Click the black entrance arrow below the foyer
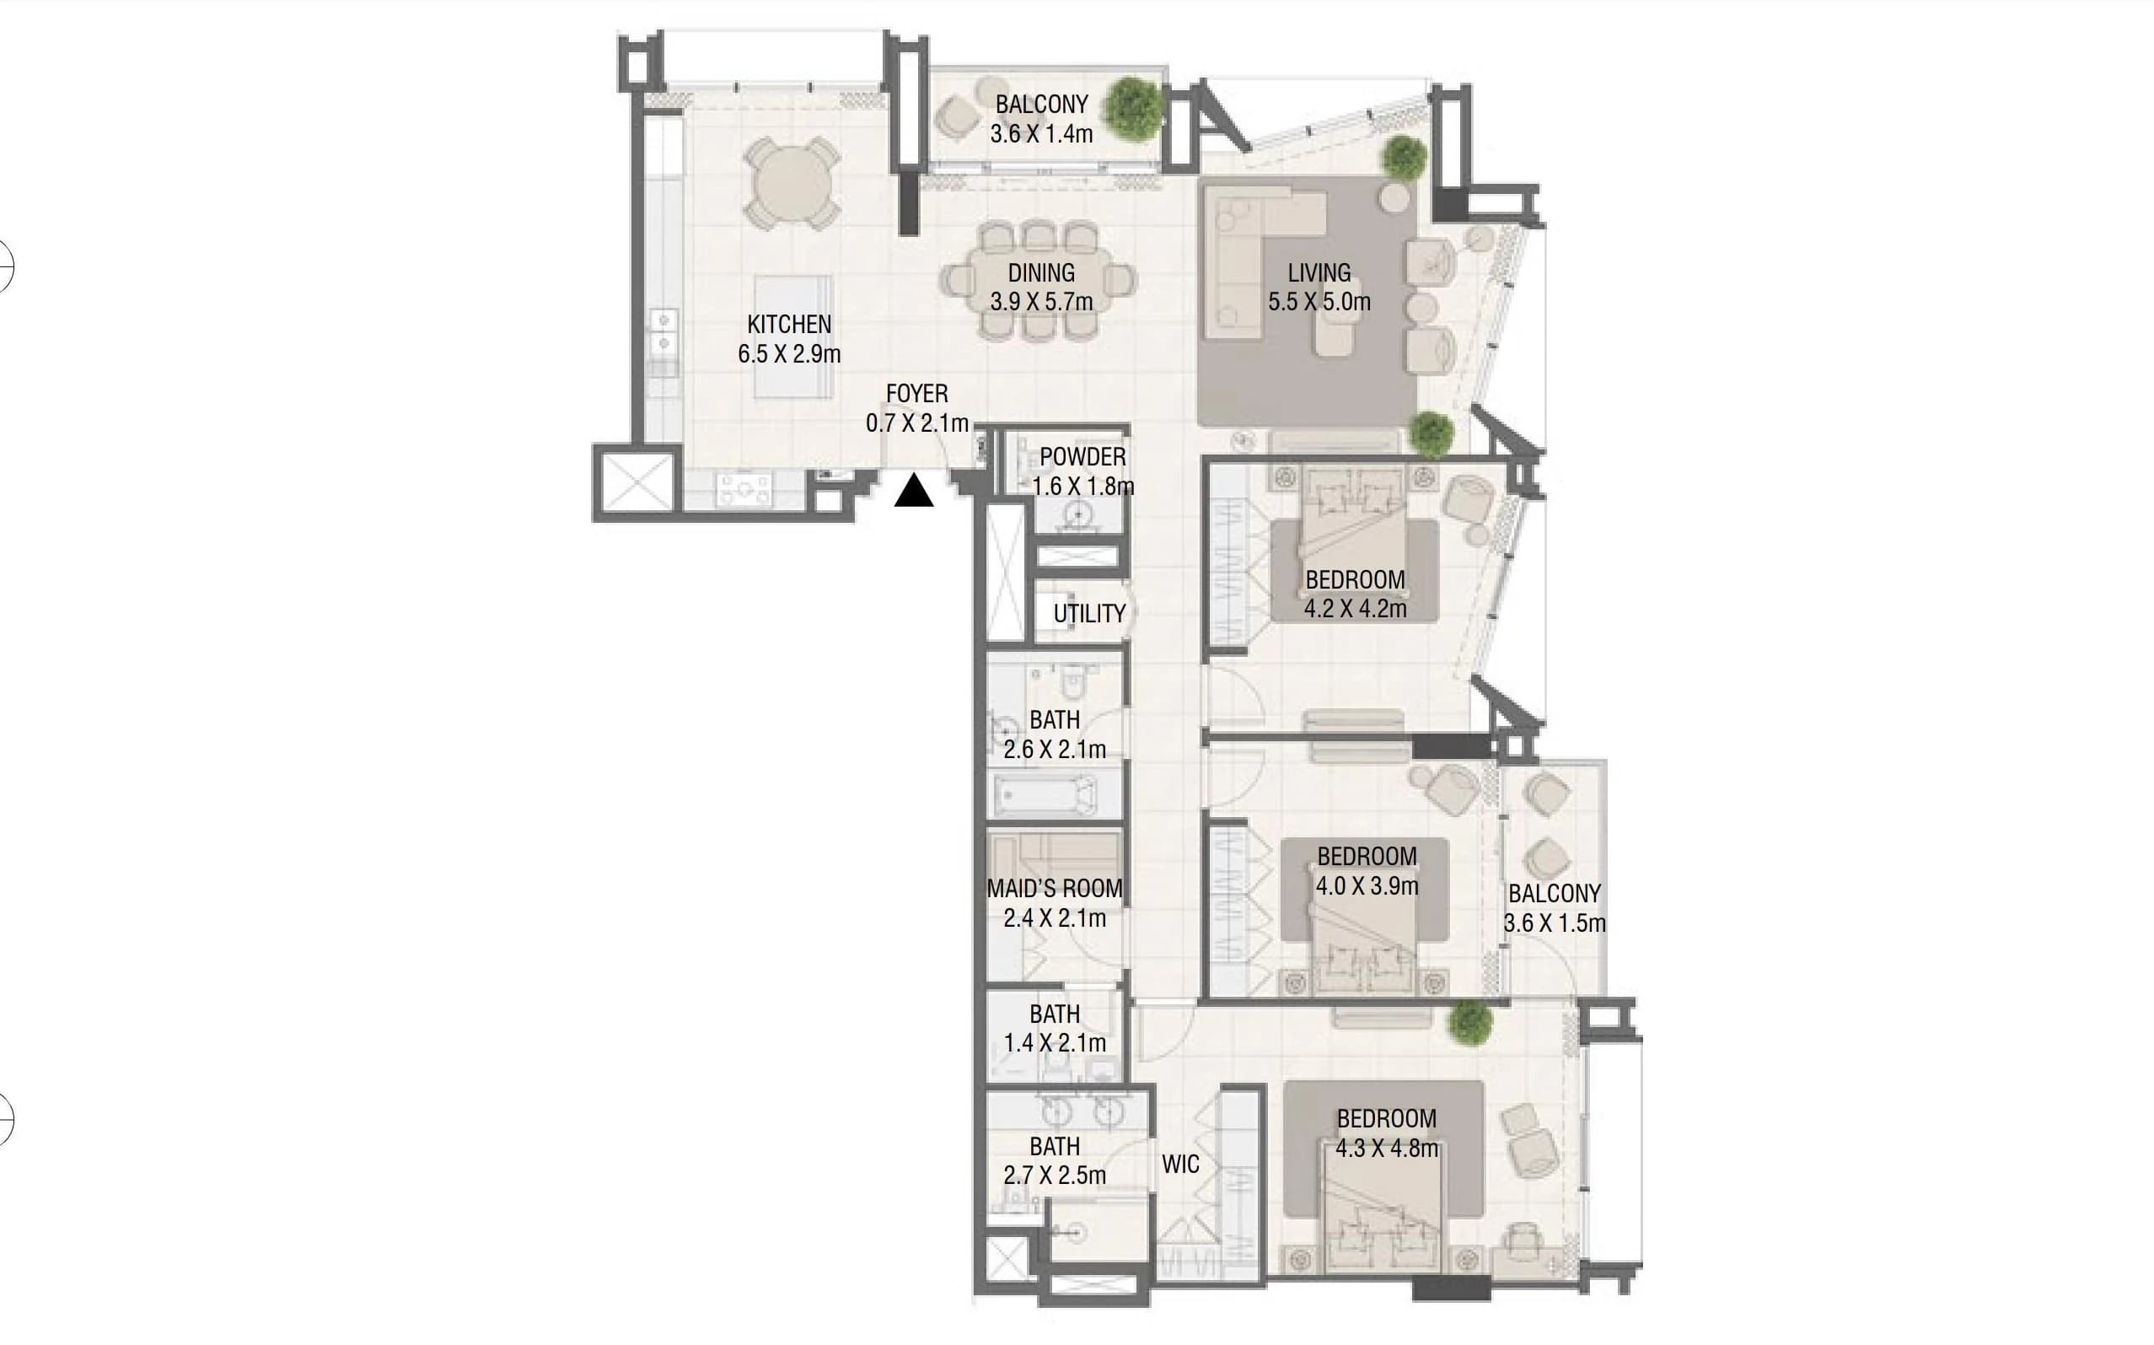coord(913,491)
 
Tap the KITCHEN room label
coord(789,325)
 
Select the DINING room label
coord(1041,273)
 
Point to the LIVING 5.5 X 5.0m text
coord(1319,288)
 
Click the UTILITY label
coord(1089,614)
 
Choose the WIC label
coord(1180,1165)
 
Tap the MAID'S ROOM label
coord(1054,889)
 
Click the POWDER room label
coord(1082,457)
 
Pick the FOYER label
coord(917,394)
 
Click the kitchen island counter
coord(794,337)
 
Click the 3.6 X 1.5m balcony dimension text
coord(1555,923)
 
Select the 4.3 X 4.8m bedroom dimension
coord(1387,1149)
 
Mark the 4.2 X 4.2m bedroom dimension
coord(1356,610)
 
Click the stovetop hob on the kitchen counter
coord(745,490)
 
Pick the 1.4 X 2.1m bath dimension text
coord(1055,1042)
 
